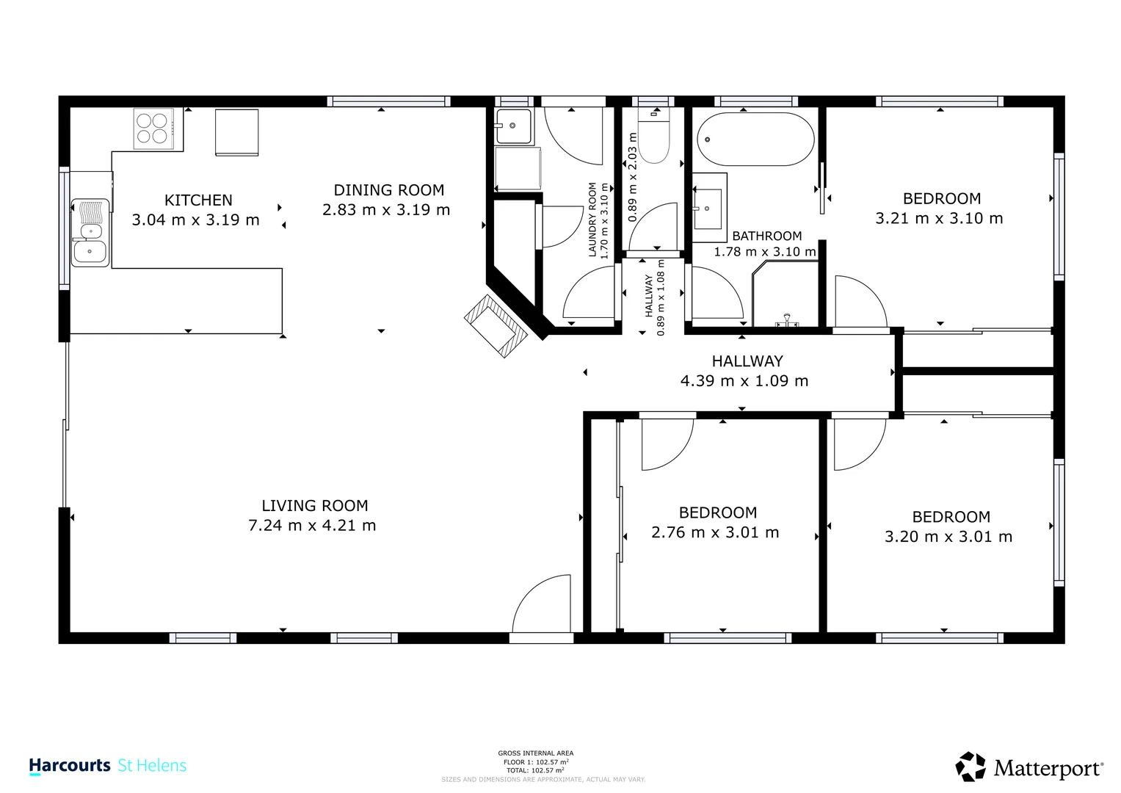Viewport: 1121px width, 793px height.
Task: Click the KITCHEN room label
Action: [198, 200]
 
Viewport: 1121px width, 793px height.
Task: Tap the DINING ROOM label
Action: [388, 190]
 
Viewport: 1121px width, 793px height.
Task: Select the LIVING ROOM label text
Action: [315, 506]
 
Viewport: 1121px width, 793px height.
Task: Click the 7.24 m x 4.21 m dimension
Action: [312, 526]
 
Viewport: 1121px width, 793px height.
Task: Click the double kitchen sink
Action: [90, 233]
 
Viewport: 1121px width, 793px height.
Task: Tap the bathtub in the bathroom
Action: [755, 140]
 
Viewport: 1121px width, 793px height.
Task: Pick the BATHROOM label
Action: [766, 236]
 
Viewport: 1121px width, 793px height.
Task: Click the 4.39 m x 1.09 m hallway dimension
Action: [744, 381]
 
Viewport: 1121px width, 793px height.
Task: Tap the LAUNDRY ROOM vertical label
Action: [592, 220]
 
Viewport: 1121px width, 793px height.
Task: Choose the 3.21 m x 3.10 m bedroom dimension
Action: [939, 219]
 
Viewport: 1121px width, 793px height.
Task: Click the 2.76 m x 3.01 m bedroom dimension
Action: [715, 533]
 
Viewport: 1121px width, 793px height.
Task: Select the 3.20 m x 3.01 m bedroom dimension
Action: [948, 537]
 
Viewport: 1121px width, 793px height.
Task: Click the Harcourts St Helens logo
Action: [108, 766]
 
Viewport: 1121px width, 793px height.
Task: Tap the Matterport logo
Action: [1029, 767]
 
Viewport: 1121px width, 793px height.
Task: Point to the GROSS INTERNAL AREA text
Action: [535, 753]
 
